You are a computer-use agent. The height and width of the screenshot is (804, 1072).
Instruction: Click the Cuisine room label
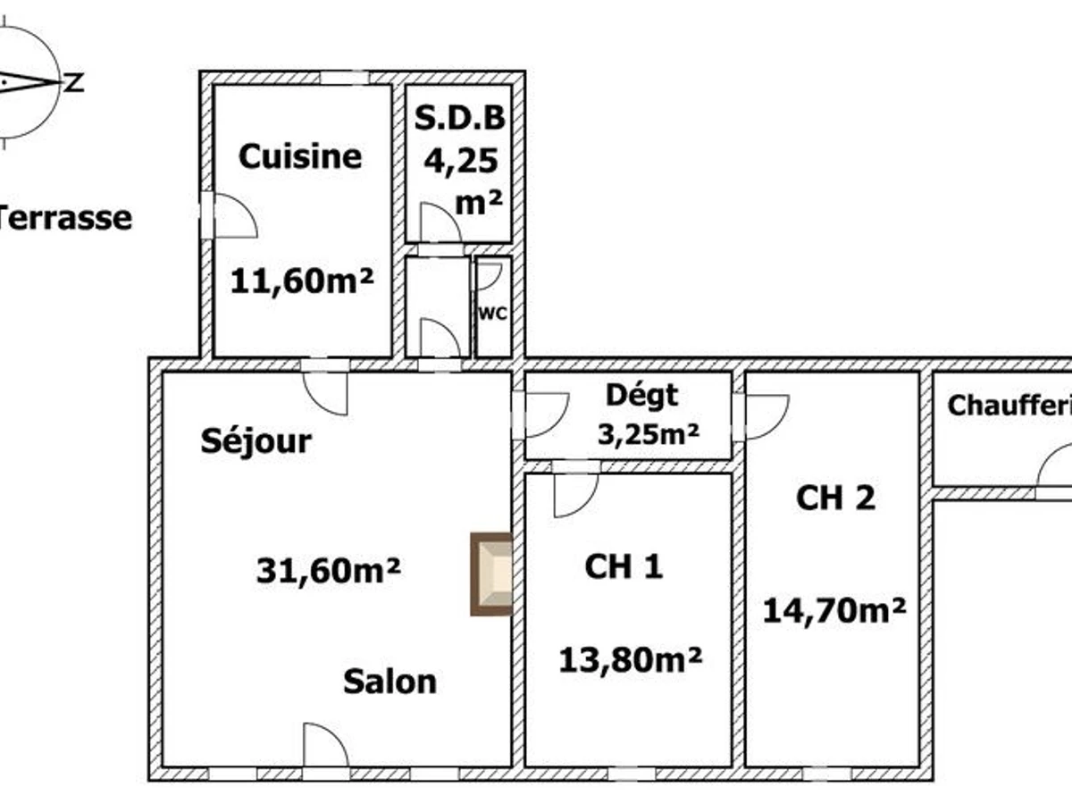(x=300, y=156)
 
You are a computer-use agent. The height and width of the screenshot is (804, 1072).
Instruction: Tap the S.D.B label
(x=460, y=119)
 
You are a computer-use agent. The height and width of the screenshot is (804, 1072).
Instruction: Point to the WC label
(x=493, y=314)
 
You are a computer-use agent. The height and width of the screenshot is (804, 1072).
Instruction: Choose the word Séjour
(x=255, y=440)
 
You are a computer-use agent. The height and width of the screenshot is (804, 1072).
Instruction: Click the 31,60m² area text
(x=327, y=569)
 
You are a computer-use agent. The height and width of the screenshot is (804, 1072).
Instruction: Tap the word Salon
(x=390, y=682)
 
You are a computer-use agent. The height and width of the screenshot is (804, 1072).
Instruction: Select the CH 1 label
(x=624, y=565)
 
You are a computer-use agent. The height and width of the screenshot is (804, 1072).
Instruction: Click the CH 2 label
(x=835, y=498)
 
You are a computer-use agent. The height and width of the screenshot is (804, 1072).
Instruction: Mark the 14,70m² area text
(x=834, y=610)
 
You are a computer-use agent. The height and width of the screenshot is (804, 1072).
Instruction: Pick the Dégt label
(x=641, y=394)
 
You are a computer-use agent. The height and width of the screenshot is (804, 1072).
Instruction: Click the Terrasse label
(x=64, y=217)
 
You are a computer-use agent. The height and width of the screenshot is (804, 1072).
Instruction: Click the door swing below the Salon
(x=324, y=746)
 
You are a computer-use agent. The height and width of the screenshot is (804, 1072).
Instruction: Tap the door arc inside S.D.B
(x=440, y=223)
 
